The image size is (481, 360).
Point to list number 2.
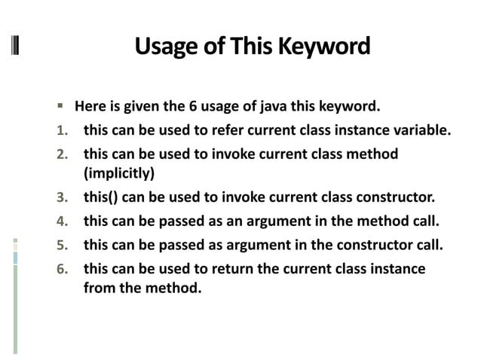(63, 154)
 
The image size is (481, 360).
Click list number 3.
(63, 199)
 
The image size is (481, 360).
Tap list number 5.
(63, 246)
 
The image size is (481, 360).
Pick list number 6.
(63, 269)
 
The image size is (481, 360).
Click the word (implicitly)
(118, 174)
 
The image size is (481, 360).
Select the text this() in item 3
(100, 199)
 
